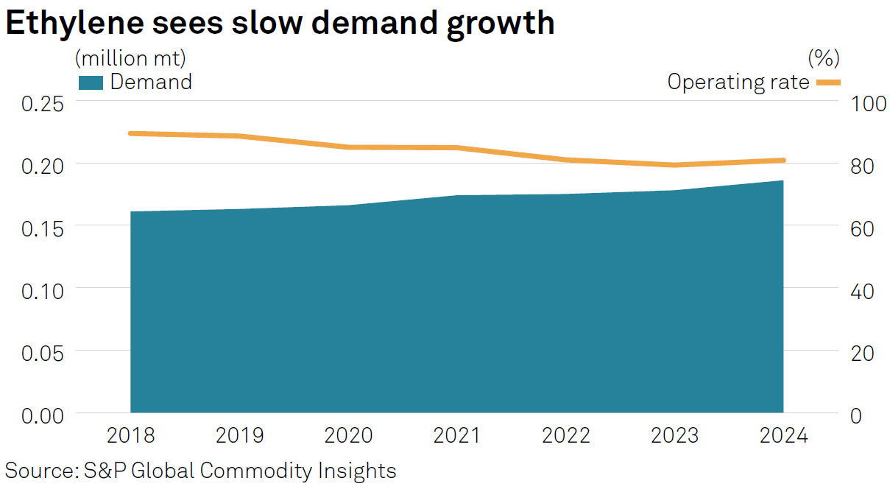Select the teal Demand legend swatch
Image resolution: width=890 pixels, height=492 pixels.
coord(91,82)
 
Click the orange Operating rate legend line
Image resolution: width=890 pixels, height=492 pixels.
coord(827,82)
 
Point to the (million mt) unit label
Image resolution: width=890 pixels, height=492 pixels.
coord(130,57)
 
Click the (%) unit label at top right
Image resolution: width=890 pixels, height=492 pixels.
coord(823,57)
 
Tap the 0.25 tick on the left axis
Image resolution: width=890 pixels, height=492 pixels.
coord(42,102)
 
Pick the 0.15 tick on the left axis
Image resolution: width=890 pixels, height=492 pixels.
coord(42,228)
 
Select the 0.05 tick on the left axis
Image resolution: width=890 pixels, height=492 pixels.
coord(42,352)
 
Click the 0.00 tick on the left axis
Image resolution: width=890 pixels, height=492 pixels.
coord(42,415)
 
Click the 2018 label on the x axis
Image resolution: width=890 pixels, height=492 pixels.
coord(130,436)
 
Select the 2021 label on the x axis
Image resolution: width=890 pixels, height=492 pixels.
coord(456,436)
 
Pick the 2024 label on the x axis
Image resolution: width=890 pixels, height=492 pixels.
coord(783,436)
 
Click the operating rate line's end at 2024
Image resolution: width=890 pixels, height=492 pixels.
coord(783,160)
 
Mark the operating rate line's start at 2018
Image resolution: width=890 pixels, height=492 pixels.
coord(130,133)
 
